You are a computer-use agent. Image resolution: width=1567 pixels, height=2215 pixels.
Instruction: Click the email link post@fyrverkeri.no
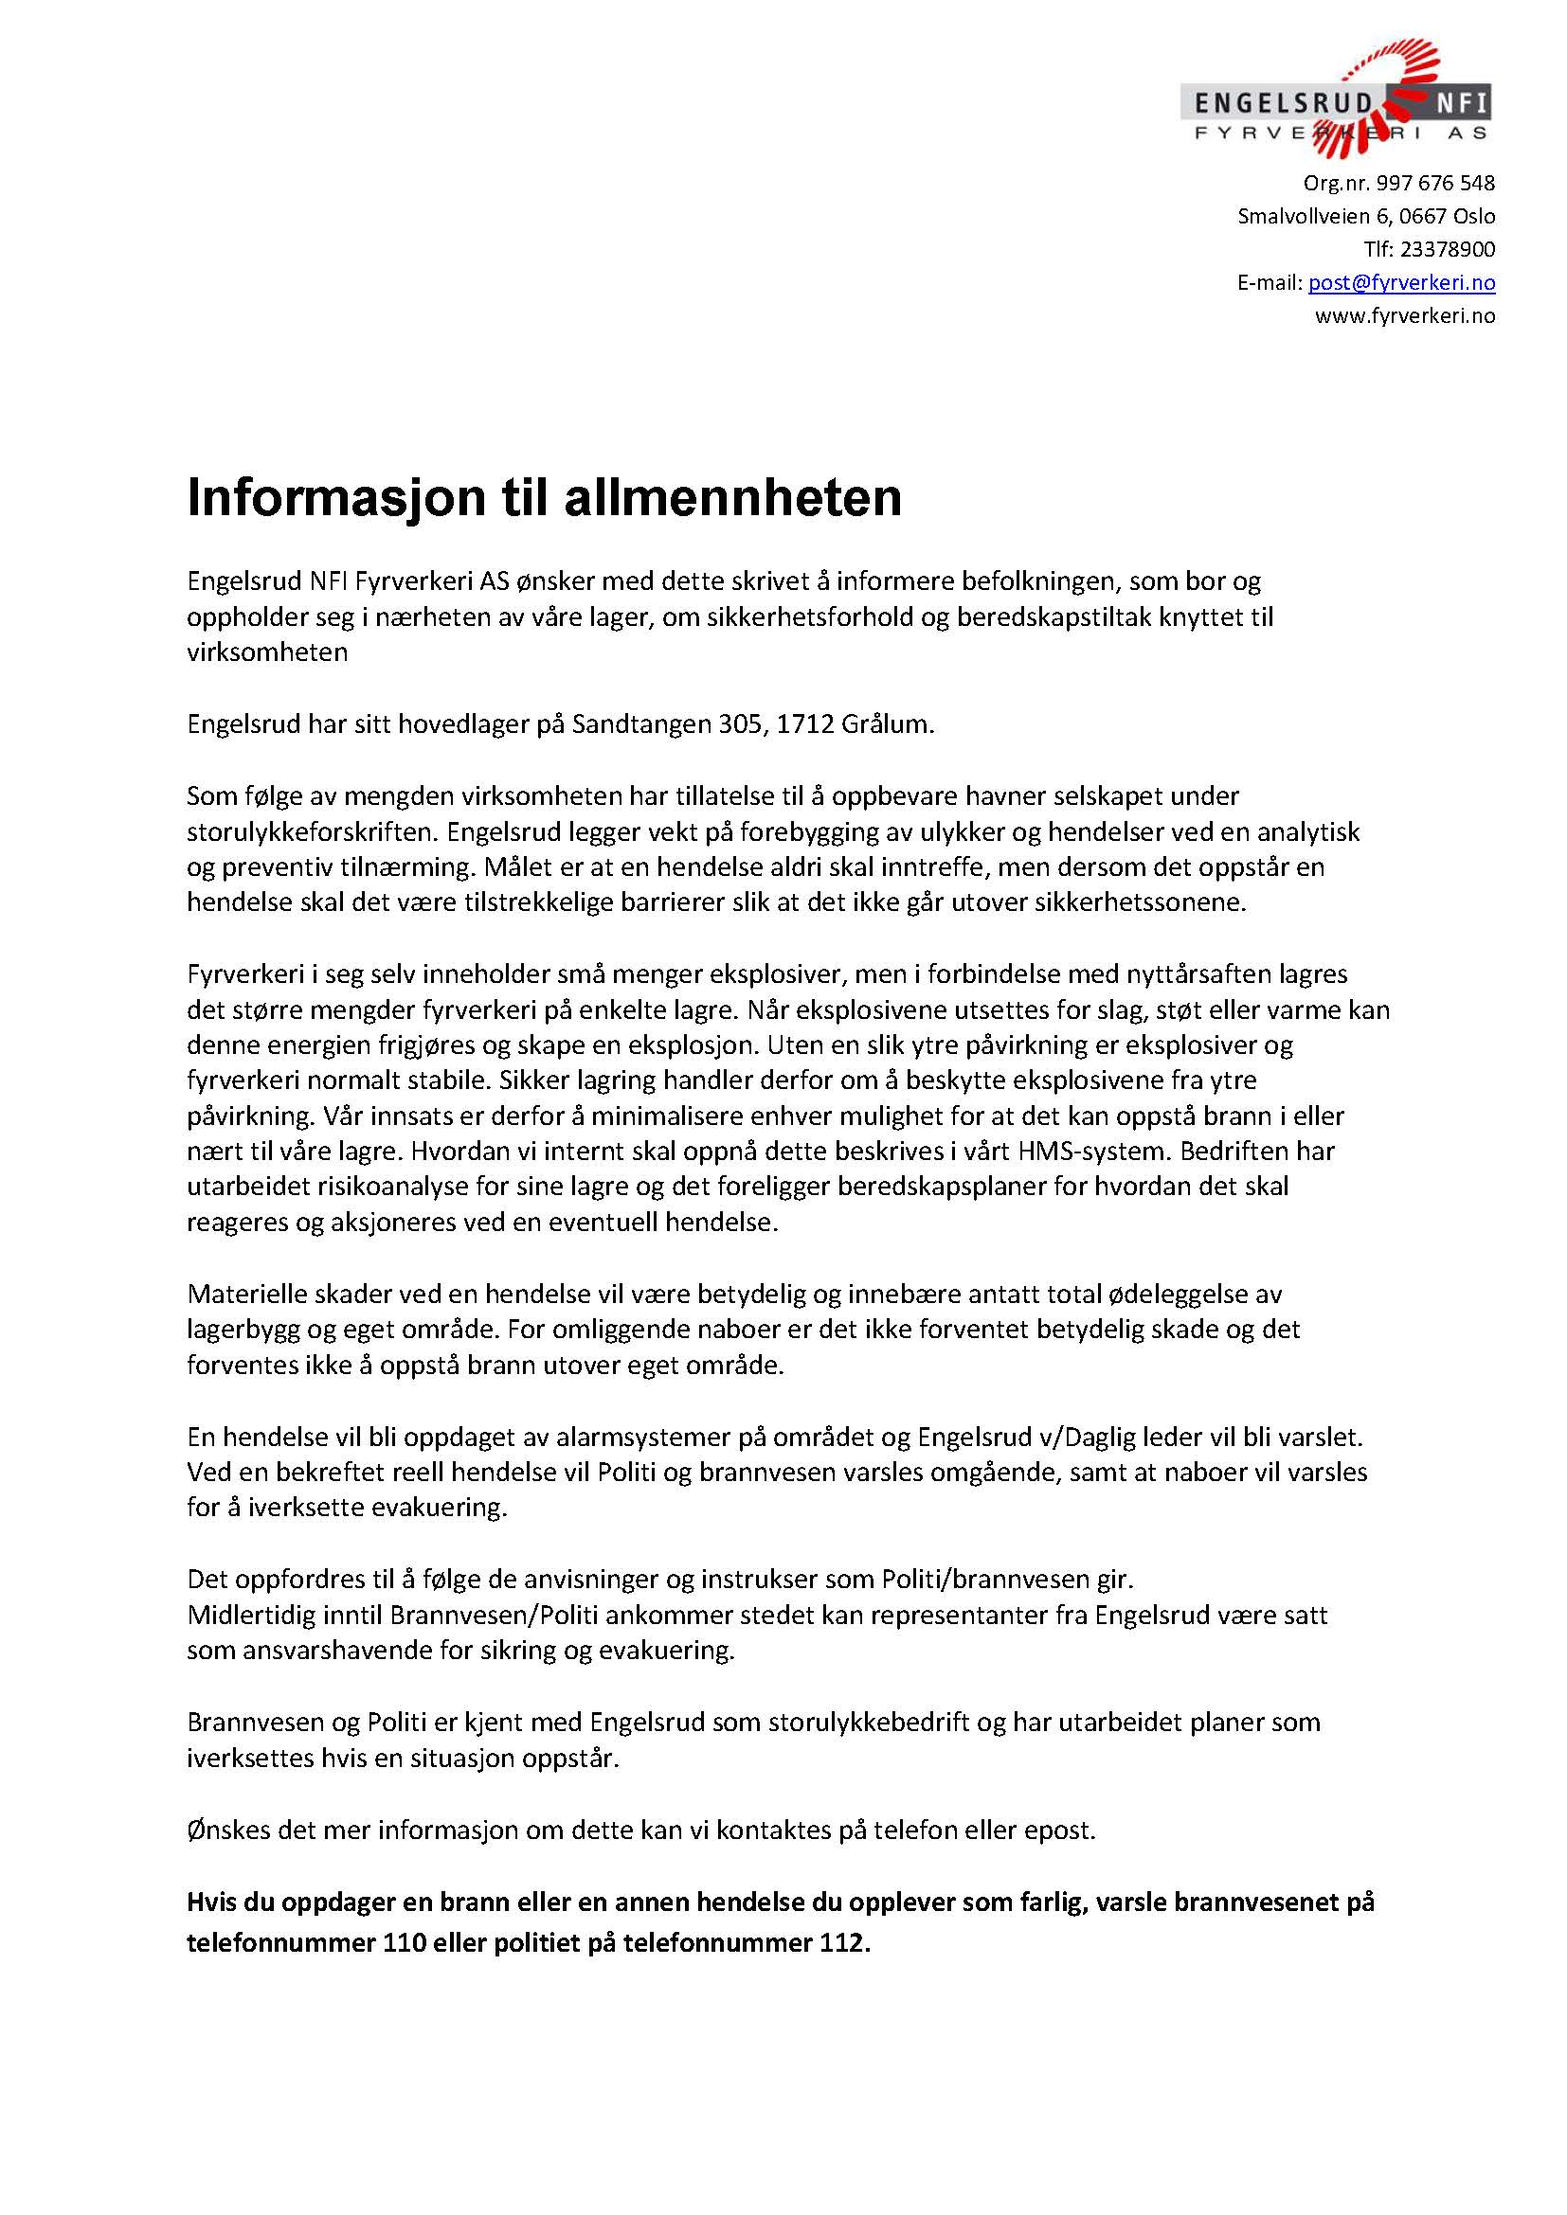pos(1401,282)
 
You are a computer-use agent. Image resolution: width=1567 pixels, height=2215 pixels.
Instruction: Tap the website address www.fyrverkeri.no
pos(1404,315)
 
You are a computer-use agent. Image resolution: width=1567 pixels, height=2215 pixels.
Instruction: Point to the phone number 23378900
pos(1447,249)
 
